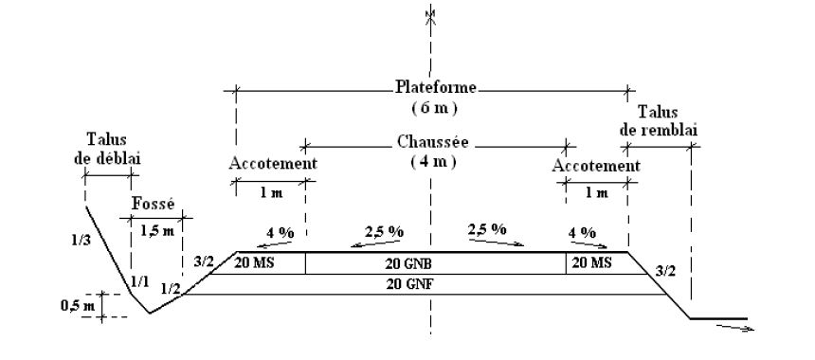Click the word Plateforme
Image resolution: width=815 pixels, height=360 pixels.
(x=435, y=88)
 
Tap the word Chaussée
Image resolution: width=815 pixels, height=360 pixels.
(x=435, y=145)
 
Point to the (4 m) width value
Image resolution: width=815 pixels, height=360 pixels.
(x=434, y=162)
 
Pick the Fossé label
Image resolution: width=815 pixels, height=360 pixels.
(x=153, y=205)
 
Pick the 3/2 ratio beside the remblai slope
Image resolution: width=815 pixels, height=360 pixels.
(x=667, y=272)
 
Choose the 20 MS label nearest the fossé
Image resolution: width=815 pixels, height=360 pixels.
(x=254, y=262)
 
